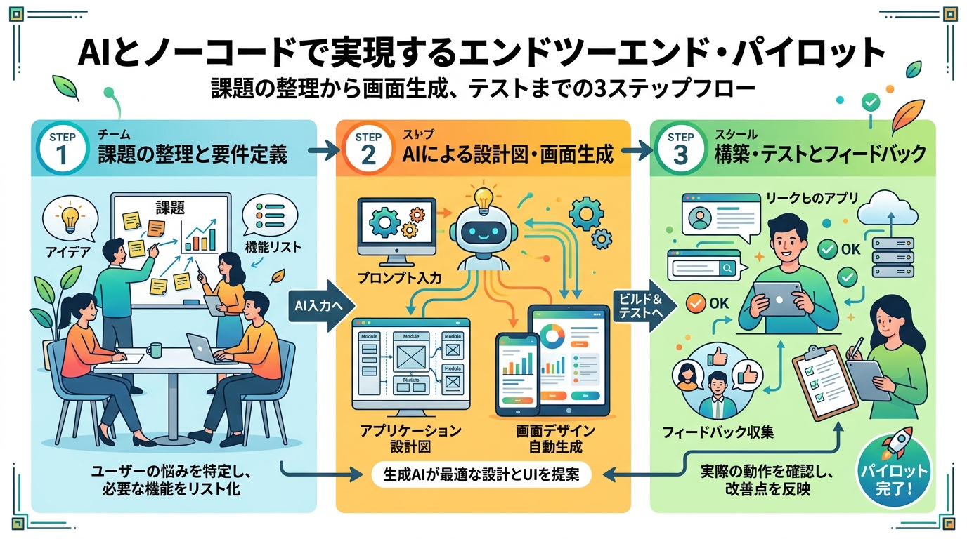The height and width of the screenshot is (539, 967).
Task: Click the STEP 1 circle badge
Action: (63, 148)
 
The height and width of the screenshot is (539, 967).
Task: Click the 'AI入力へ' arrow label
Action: (318, 307)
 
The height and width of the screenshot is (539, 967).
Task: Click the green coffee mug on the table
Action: (154, 349)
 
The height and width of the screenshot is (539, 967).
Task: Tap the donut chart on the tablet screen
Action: (554, 335)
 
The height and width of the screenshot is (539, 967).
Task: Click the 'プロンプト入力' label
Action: (399, 279)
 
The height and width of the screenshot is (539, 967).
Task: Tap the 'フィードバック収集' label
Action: (718, 432)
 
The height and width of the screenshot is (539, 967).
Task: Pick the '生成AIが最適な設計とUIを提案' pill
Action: (481, 475)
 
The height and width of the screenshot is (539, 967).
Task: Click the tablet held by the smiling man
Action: (779, 298)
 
